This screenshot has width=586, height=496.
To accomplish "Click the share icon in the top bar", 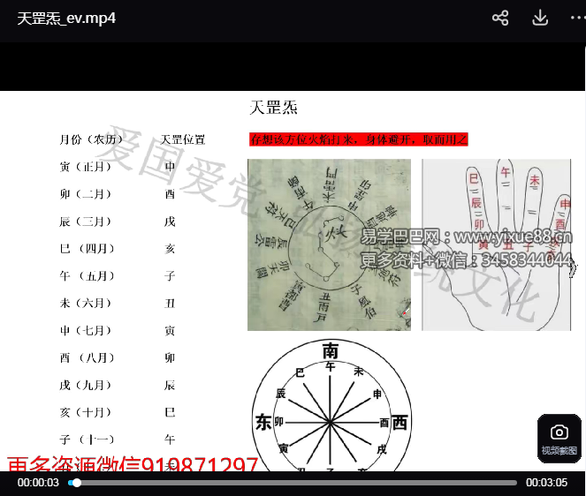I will (x=500, y=18).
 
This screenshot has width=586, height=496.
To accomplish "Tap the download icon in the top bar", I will (x=540, y=18).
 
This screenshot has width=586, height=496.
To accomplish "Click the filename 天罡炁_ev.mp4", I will (x=66, y=18).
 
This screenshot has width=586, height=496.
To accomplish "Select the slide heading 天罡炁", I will (x=273, y=108).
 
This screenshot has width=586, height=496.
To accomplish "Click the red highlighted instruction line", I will (x=358, y=139).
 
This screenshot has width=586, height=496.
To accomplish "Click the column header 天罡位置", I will (x=183, y=139).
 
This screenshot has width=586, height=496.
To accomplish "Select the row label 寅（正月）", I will (x=86, y=167).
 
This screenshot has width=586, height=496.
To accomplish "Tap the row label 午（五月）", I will (x=86, y=276).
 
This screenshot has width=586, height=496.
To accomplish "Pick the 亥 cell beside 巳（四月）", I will (x=170, y=249).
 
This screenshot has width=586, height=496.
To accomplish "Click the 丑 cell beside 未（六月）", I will (x=170, y=304).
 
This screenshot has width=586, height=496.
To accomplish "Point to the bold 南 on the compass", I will (x=331, y=349).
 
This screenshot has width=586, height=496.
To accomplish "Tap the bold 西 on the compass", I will (x=400, y=423).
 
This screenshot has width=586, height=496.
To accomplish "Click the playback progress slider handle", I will (x=77, y=483).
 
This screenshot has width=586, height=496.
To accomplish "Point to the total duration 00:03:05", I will (x=546, y=483).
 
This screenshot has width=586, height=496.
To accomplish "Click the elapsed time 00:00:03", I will (x=38, y=483).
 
